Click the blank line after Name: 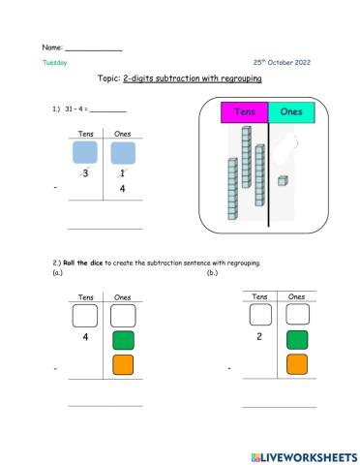click(94, 48)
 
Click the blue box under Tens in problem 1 click(86, 153)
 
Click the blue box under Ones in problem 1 click(123, 153)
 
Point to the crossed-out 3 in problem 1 click(86, 173)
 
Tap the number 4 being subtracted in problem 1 click(123, 189)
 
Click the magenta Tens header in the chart click(244, 113)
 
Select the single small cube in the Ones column click(282, 180)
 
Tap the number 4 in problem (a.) click(86, 339)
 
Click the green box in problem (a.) click(123, 340)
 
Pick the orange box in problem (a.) click(123, 367)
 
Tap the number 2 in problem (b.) click(260, 337)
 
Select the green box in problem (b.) click(297, 338)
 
